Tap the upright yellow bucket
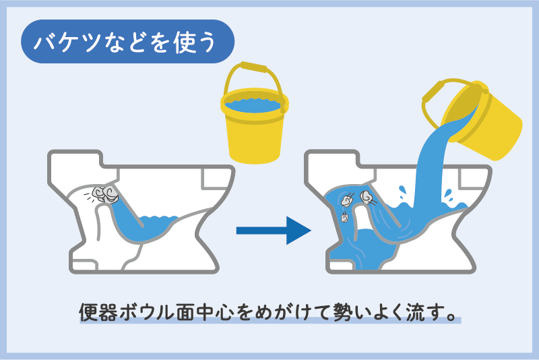254,131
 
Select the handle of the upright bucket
253,69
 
